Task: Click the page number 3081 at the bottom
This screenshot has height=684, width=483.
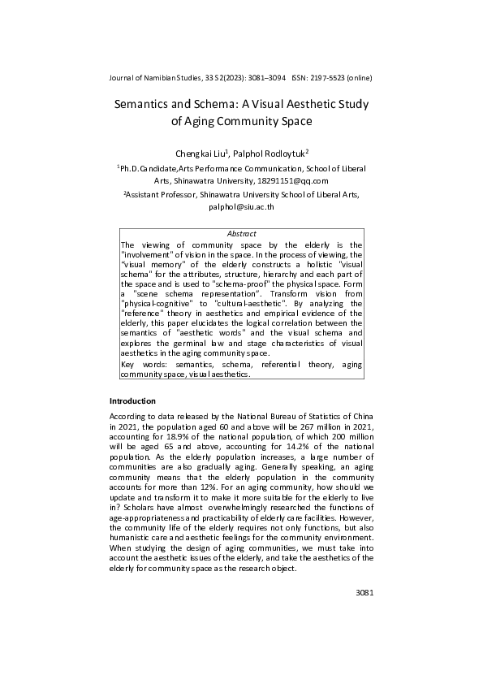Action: (x=364, y=593)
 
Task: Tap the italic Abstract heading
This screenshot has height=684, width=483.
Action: (x=241, y=234)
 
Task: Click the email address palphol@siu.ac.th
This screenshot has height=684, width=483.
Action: (x=242, y=207)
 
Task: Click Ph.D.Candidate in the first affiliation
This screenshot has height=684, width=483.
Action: (x=149, y=168)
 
